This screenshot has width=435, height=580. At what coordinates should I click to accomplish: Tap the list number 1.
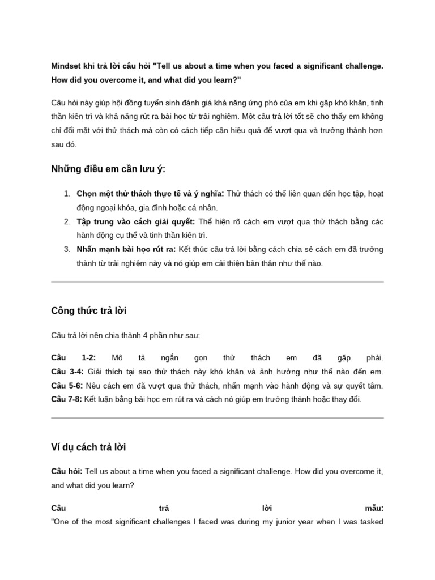click(67, 194)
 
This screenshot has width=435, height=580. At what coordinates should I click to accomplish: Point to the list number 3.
click(67, 249)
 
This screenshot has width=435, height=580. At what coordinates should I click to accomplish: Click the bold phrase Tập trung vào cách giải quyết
click(136, 221)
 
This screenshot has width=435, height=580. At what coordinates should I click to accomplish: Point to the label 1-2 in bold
click(89, 358)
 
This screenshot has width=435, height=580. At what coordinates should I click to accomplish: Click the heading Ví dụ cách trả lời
click(88, 447)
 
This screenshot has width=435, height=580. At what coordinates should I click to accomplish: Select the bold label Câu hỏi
click(67, 471)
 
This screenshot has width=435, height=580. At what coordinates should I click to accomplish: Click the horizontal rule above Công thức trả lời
click(217, 282)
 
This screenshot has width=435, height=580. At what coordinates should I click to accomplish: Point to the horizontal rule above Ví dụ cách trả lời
click(217, 418)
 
